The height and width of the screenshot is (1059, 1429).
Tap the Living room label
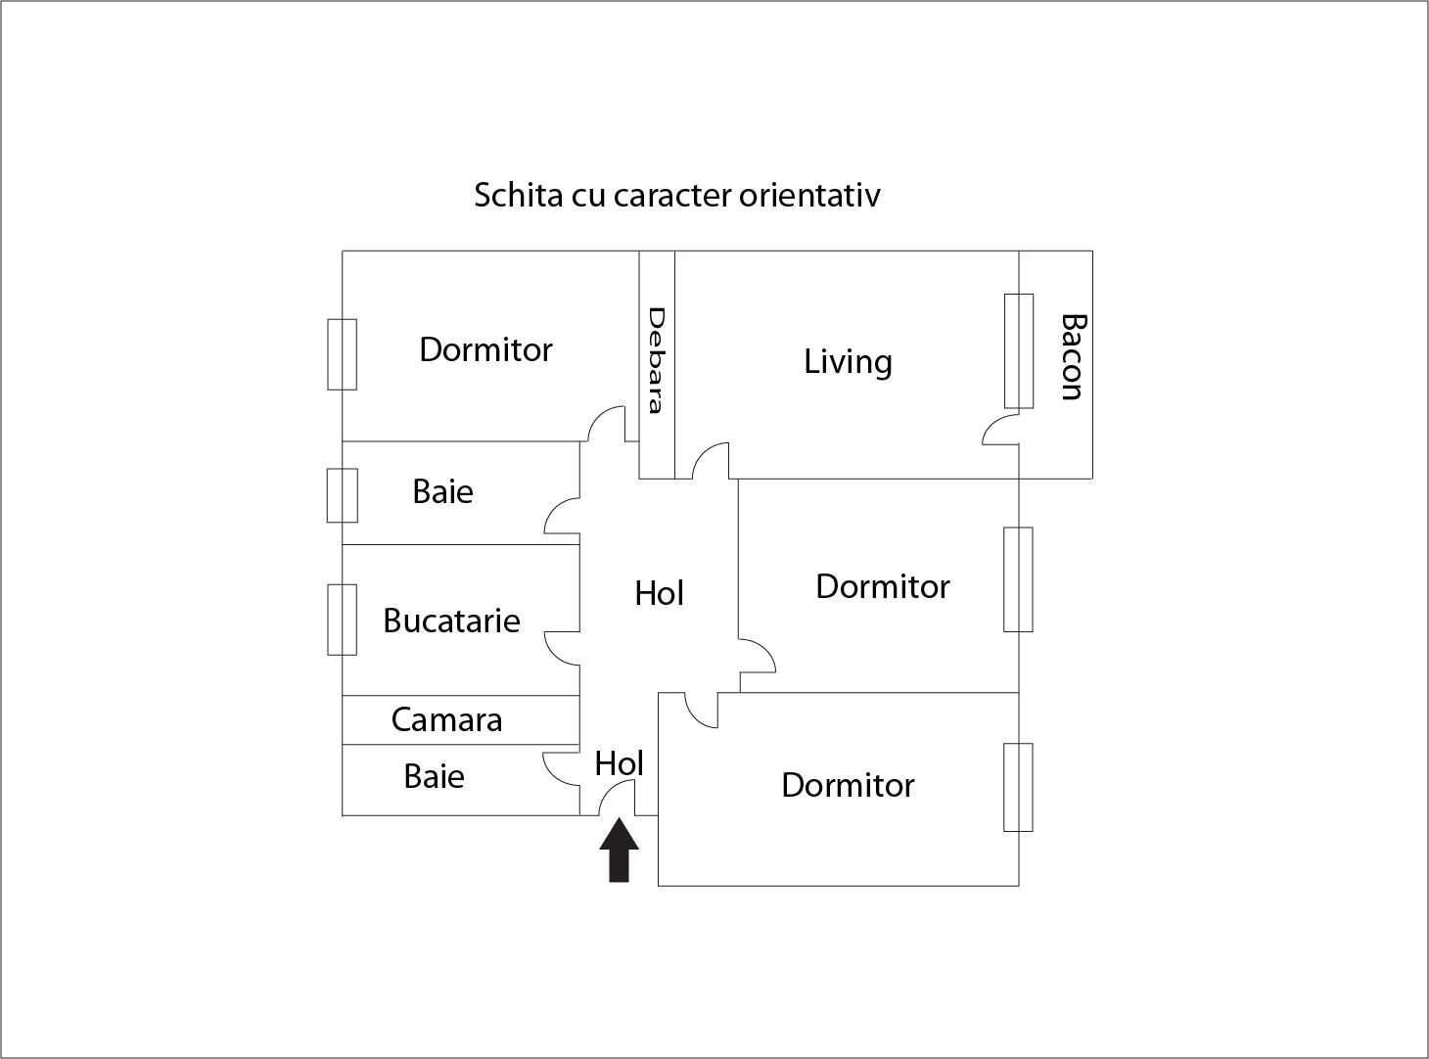(848, 362)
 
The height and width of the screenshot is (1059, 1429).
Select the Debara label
(657, 360)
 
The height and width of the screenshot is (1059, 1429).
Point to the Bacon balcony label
(1073, 357)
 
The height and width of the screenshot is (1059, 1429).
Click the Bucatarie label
(451, 621)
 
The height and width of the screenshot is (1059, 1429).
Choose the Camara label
(446, 720)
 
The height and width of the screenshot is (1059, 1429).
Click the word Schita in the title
(518, 195)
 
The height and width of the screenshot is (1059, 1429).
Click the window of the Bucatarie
(342, 620)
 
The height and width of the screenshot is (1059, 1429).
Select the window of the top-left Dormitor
(342, 354)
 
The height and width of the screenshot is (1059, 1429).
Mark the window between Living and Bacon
(1019, 350)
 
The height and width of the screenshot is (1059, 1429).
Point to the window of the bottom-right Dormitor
(1018, 787)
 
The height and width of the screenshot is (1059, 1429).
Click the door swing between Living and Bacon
(1001, 430)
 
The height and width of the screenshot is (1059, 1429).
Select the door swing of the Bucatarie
(563, 646)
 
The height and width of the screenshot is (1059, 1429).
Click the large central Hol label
(659, 593)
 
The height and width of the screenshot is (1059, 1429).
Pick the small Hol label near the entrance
(619, 763)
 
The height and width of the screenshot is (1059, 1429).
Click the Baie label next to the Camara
(434, 777)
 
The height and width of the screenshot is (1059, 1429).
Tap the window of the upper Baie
(342, 495)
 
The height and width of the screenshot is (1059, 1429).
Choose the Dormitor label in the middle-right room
(882, 586)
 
